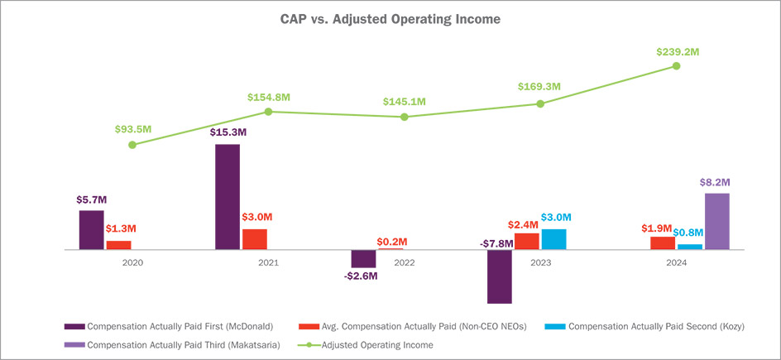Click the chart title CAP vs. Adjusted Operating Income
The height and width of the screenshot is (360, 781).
click(x=390, y=17)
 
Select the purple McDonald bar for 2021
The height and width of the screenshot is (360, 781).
click(x=228, y=197)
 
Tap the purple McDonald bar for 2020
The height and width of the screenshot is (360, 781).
click(x=92, y=229)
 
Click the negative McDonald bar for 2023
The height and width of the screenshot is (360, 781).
click(x=500, y=276)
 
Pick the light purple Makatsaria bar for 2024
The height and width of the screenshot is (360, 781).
click(x=716, y=221)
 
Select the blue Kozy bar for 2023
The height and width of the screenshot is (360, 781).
click(x=553, y=239)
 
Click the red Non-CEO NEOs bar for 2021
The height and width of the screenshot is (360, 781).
click(x=255, y=239)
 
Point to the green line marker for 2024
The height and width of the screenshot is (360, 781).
click(x=676, y=65)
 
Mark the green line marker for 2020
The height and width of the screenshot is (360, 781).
click(x=132, y=145)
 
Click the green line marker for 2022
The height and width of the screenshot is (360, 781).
click(x=405, y=117)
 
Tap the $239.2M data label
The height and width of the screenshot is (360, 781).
click(x=676, y=50)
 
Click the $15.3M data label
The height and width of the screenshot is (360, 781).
click(x=228, y=132)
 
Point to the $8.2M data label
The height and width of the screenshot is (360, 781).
click(x=716, y=181)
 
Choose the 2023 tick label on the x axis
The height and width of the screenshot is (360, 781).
click(x=540, y=262)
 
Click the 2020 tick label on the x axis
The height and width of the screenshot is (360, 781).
click(x=132, y=262)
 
